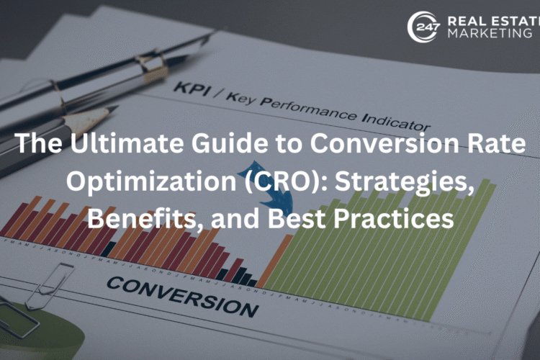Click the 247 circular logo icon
point(421,27)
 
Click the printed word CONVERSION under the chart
point(181,294)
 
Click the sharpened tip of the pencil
point(112,112)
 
